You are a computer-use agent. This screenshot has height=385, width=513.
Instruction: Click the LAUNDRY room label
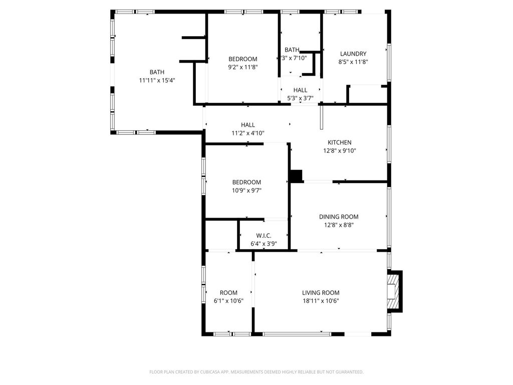[353, 54]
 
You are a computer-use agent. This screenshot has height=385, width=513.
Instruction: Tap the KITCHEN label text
[339, 142]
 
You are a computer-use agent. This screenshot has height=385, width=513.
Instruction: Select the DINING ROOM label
[339, 217]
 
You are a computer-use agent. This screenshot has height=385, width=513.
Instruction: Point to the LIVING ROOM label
[321, 293]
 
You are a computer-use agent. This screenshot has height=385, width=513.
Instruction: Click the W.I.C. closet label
[264, 236]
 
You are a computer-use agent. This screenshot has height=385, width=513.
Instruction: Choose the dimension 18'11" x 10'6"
[321, 301]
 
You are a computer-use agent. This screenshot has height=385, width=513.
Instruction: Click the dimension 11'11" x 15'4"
[157, 80]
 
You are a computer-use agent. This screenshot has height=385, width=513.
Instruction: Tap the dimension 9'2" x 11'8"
[243, 67]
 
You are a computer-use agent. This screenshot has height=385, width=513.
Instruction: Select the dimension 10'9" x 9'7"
[246, 190]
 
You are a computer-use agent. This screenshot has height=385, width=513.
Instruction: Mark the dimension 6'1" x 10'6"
[228, 301]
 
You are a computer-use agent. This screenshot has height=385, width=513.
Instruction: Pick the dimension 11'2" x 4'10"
[247, 133]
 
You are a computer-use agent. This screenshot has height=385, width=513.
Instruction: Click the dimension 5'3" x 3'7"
[300, 98]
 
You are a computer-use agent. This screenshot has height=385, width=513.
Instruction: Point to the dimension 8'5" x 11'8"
[353, 62]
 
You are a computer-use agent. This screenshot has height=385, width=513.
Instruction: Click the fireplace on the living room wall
[395, 291]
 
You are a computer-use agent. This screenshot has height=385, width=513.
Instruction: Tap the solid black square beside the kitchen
[296, 176]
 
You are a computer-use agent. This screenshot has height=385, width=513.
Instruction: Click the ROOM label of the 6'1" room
[228, 293]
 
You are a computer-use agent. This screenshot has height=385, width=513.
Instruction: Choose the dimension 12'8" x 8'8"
[339, 225]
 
